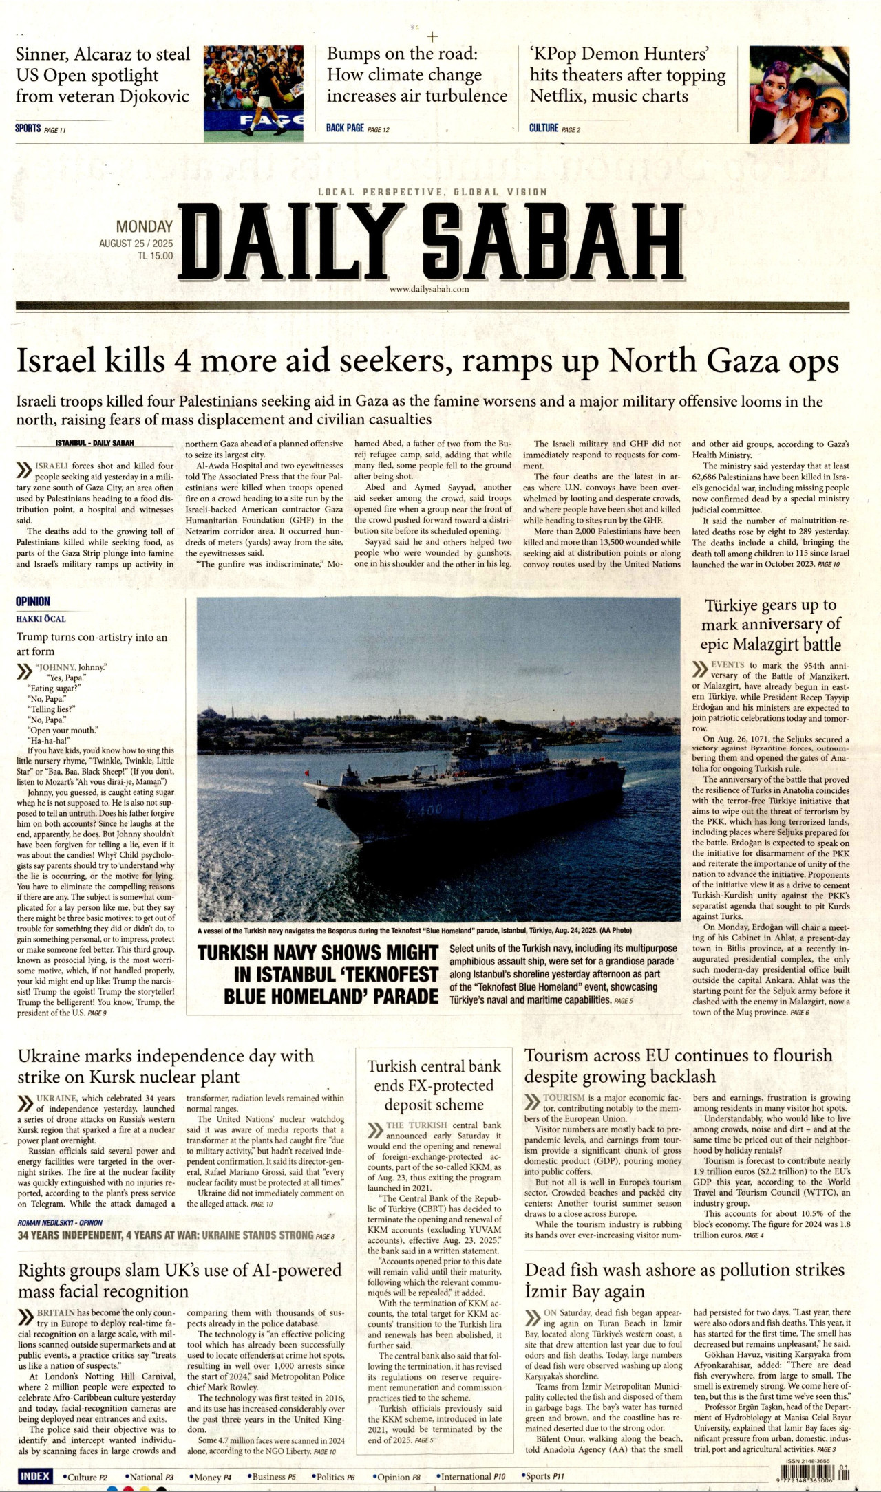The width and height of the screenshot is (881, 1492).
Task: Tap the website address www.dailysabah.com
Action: click(x=429, y=289)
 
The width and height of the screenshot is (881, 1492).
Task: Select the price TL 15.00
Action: click(x=155, y=256)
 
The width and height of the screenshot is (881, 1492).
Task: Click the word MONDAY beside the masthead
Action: click(x=144, y=226)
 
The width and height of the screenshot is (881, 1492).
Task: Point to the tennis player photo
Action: click(x=253, y=94)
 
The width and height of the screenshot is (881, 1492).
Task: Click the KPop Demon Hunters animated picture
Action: click(x=798, y=94)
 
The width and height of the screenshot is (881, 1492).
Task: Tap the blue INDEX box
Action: click(x=34, y=1476)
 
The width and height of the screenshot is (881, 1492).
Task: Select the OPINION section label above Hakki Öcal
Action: click(x=33, y=601)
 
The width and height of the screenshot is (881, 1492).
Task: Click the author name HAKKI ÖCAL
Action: click(x=41, y=619)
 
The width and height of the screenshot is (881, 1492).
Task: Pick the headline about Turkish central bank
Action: click(x=434, y=1085)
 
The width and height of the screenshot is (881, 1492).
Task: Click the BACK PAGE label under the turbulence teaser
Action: click(x=345, y=128)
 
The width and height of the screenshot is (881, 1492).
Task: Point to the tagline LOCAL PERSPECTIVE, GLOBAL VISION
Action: click(x=432, y=192)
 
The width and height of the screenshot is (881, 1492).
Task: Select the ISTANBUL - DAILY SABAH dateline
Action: click(x=95, y=443)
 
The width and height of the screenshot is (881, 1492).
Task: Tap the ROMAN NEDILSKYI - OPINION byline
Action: click(x=60, y=1223)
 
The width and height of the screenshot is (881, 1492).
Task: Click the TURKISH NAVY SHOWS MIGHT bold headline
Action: click(x=318, y=974)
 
